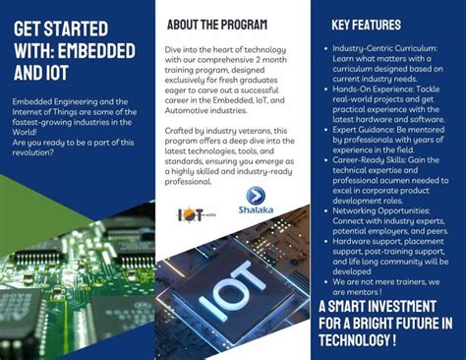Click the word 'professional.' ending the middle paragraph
[190, 182]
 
